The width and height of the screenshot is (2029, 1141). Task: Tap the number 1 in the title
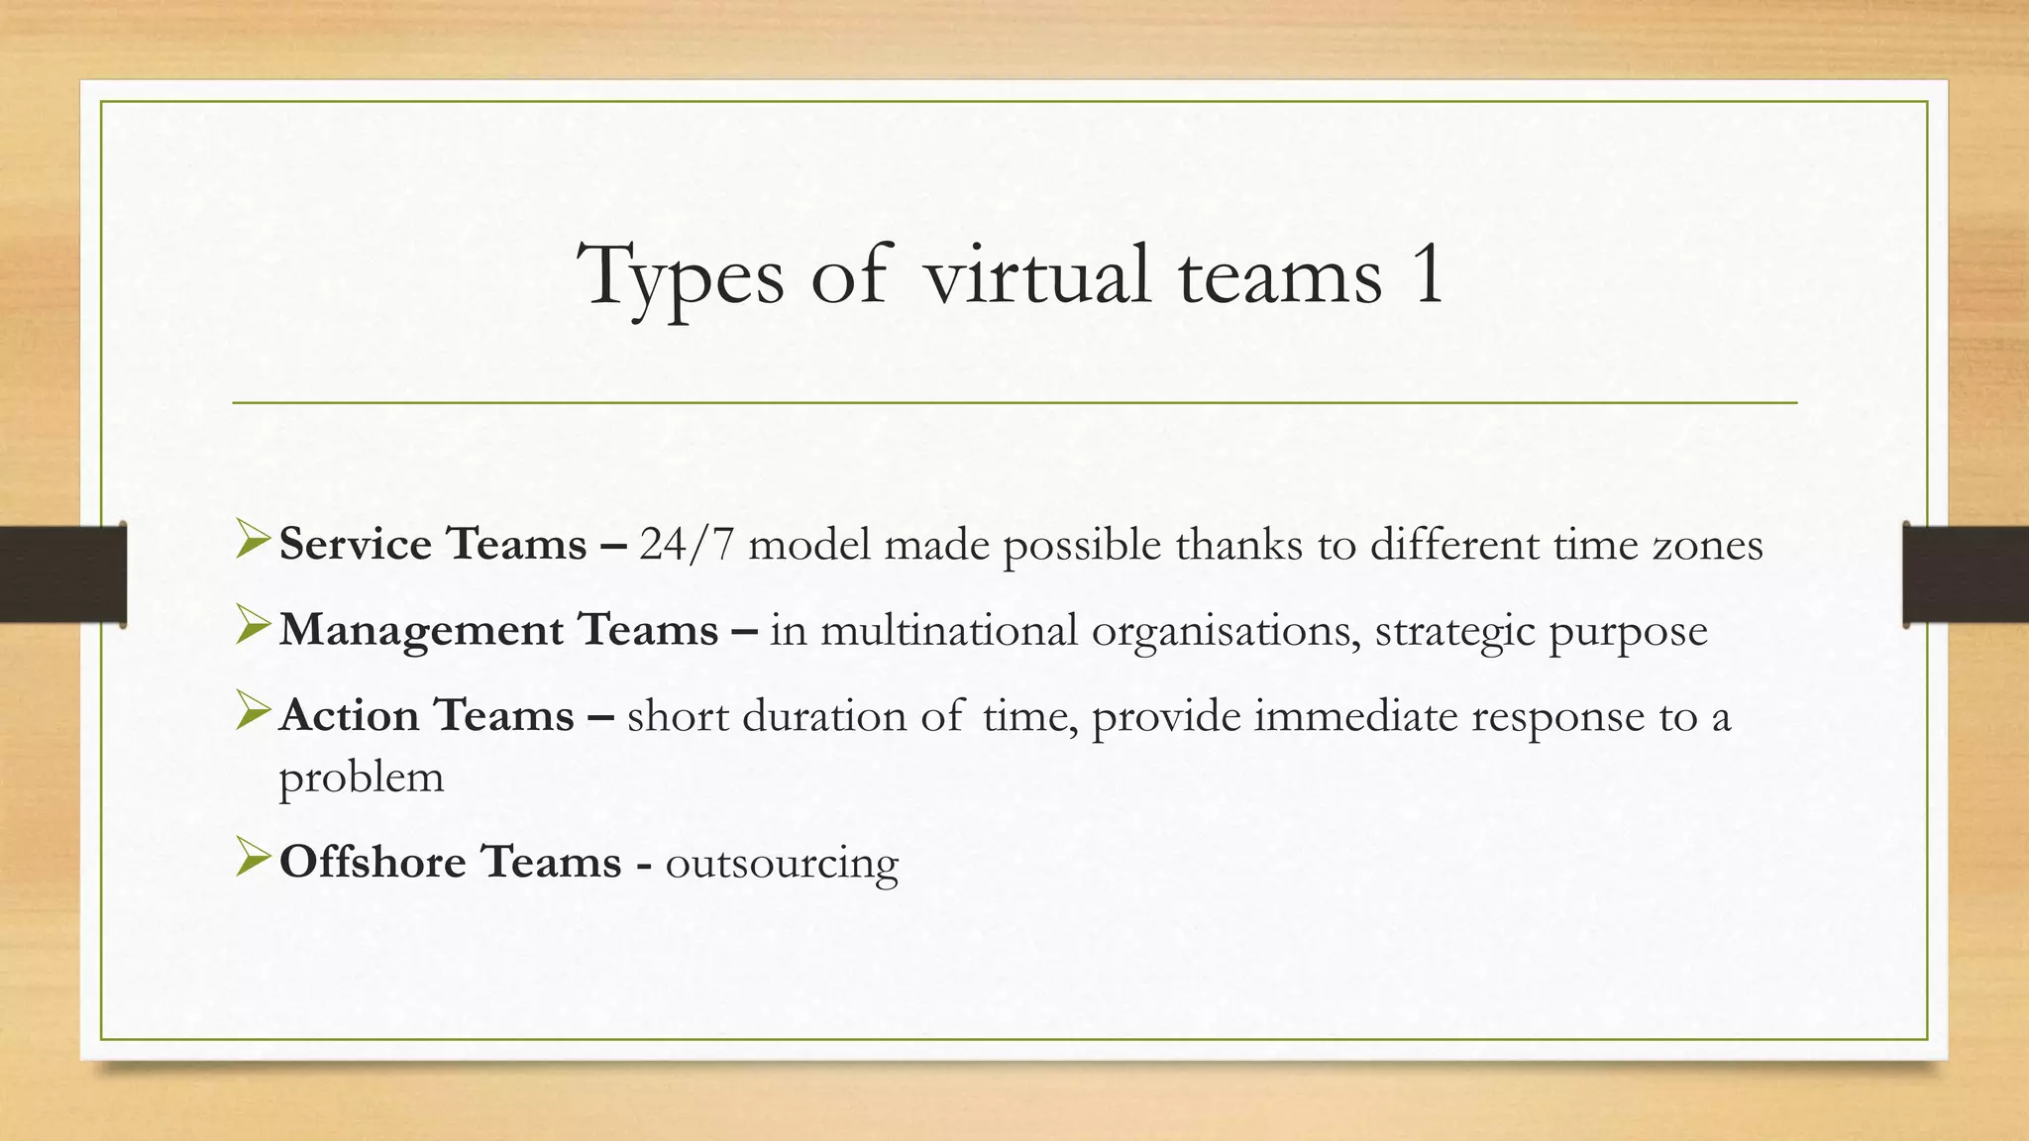pos(1428,274)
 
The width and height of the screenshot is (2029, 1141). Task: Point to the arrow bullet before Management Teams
pos(254,627)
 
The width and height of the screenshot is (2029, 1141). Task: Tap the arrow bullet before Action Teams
pos(254,713)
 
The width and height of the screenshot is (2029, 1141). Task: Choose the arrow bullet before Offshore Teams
pos(254,859)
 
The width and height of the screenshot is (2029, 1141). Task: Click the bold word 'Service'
pos(356,544)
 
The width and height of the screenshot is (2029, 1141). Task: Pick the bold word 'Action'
pos(349,716)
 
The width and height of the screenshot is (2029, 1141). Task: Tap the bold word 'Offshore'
pos(373,862)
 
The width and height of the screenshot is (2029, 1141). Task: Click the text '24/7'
pos(687,545)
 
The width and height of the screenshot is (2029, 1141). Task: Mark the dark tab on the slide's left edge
pos(62,574)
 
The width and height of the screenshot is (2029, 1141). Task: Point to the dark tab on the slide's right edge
pos(1966,574)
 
